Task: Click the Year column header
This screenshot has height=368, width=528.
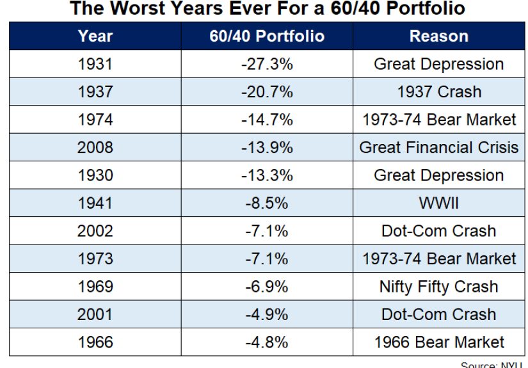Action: tap(95, 36)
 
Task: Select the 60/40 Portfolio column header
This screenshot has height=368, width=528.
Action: tap(267, 36)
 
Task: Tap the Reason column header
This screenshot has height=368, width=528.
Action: tap(438, 36)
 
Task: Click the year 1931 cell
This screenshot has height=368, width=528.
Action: tap(95, 64)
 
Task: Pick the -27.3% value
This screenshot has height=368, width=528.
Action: tap(267, 64)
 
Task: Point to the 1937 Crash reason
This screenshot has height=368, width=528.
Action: tap(438, 92)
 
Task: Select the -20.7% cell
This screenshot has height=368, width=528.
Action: tap(267, 92)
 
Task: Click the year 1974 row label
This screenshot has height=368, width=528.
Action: tap(95, 120)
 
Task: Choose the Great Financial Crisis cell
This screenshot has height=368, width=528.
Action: tap(438, 147)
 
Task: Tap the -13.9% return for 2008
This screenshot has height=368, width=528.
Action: tap(267, 147)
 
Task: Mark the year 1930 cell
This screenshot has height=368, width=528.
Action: tap(95, 175)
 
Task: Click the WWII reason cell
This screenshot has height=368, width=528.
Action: tap(438, 203)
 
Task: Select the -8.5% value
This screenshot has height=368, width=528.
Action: tap(267, 203)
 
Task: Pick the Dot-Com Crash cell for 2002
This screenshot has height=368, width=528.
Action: tap(438, 231)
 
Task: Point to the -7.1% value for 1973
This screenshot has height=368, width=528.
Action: tap(267, 259)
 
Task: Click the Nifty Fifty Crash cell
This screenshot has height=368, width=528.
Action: tap(438, 287)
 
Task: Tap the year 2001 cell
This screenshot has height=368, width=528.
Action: tap(95, 314)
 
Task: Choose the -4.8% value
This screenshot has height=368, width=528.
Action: tap(267, 342)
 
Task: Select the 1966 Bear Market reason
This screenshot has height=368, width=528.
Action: tap(438, 342)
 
